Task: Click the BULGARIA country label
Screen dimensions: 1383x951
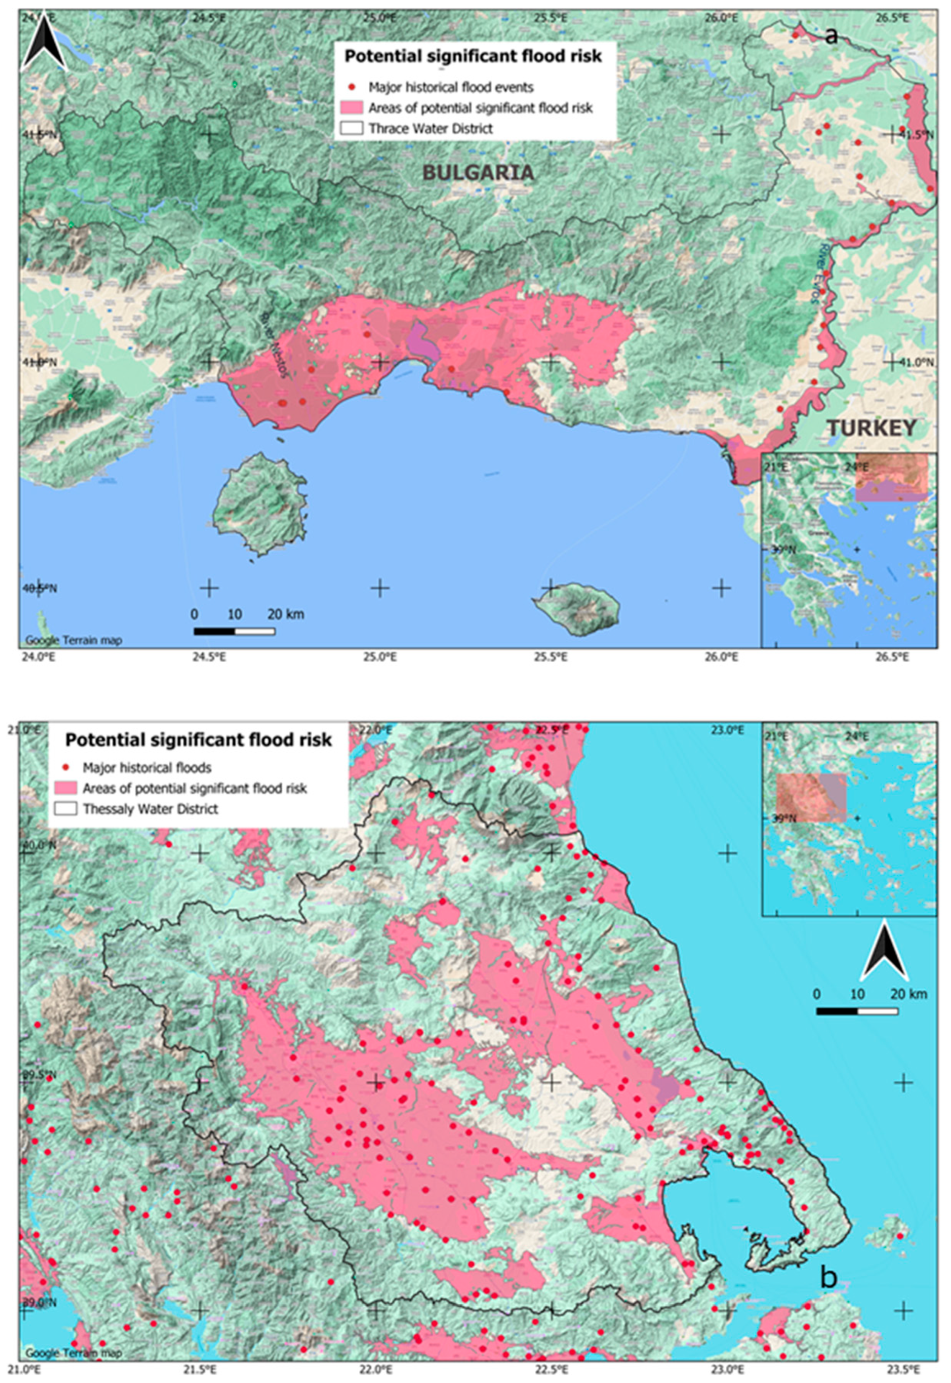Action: (x=478, y=173)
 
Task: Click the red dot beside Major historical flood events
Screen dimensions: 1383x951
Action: (x=352, y=87)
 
